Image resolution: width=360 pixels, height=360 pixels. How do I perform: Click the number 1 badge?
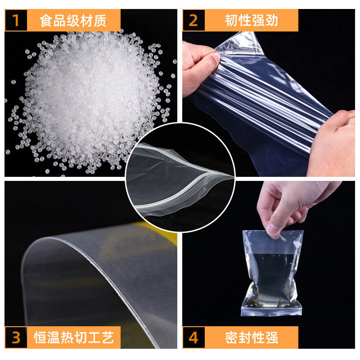[16, 21]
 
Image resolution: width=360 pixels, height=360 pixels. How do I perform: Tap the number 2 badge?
[193, 21]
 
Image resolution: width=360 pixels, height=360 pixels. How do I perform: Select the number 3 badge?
[16, 337]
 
